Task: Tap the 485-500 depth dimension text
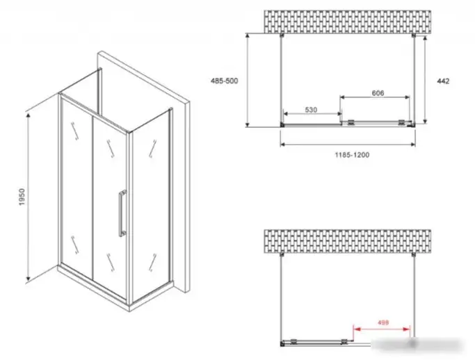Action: pos(225,81)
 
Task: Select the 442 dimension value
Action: pos(442,81)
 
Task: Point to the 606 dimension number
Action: pos(378,93)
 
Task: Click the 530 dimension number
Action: pos(311,110)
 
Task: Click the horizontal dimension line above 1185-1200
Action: pos(348,145)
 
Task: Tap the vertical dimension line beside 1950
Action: pos(29,195)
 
